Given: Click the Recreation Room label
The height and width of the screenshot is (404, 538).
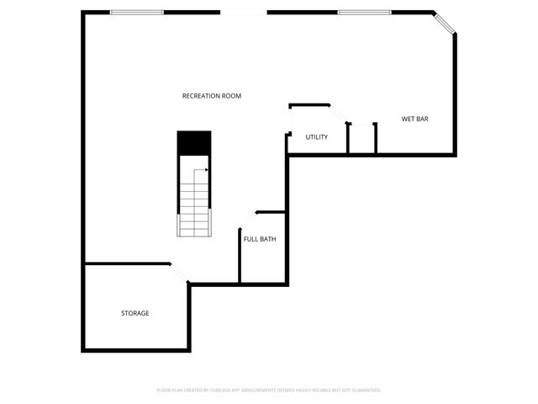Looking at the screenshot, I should click(x=212, y=96).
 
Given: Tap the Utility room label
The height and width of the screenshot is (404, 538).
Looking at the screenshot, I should click(x=317, y=137).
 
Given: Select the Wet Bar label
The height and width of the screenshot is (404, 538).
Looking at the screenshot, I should click(x=415, y=120).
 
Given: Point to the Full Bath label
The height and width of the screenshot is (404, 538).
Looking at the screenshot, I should click(x=260, y=239).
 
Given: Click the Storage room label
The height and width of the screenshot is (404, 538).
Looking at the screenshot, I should click(x=135, y=313).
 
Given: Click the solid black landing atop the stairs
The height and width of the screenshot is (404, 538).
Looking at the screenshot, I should click(x=194, y=143).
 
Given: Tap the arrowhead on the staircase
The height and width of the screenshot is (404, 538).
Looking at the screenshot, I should click(x=206, y=169).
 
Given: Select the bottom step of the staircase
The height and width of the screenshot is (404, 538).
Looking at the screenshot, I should click(x=194, y=232).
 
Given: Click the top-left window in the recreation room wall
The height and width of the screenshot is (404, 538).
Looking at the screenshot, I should click(x=137, y=12).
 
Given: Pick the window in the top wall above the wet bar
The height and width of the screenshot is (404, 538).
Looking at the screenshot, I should click(x=365, y=12).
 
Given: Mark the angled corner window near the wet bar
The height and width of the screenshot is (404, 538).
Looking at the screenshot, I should click(x=445, y=23).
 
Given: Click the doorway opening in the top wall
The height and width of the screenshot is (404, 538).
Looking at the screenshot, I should click(x=244, y=13).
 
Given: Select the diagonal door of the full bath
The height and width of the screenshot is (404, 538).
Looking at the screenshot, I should click(x=247, y=220).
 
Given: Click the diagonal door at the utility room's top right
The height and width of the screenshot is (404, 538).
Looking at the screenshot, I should click(x=338, y=114).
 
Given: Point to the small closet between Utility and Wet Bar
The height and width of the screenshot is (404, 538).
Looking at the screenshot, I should click(x=361, y=140).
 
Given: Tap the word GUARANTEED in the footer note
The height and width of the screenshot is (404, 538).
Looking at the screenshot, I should click(x=363, y=391).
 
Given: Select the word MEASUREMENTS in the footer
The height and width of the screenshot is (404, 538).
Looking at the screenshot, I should click(x=273, y=391).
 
